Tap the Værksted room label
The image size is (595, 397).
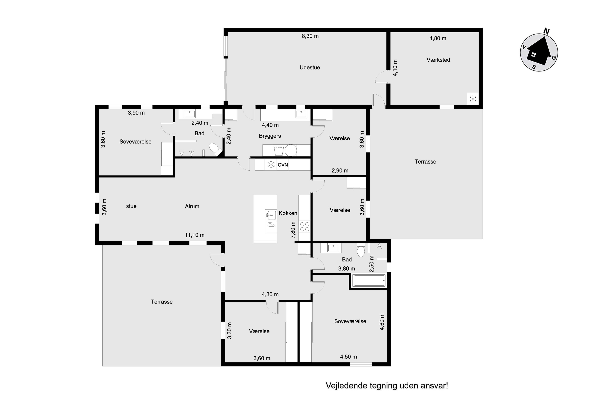point(438,60)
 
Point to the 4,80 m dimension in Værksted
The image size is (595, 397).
point(438,39)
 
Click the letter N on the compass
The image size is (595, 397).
point(546,31)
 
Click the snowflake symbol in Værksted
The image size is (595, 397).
point(473,99)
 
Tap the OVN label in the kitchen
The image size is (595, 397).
point(283,165)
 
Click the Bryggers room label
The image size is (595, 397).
point(270,136)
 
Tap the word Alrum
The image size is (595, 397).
point(192,206)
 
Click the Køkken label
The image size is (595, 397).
point(288,213)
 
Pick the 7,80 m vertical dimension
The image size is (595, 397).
point(293,230)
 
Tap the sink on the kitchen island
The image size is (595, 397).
point(271,215)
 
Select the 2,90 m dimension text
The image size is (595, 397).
point(340,171)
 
